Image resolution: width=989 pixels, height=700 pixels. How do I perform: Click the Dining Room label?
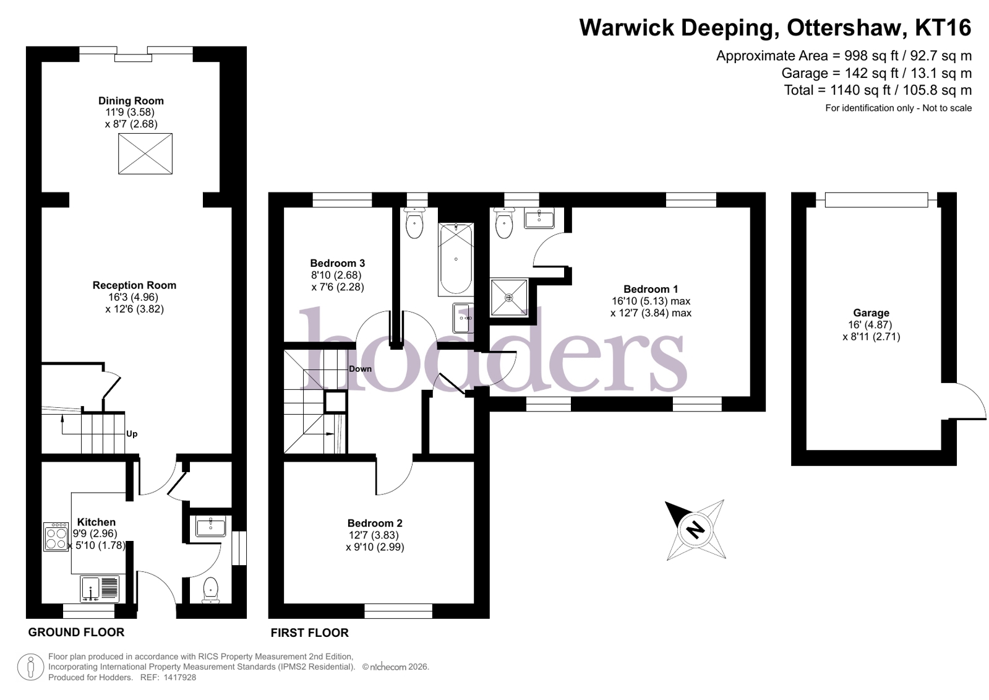[x=131, y=102]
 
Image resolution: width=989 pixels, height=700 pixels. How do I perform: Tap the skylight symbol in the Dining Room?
[x=145, y=153]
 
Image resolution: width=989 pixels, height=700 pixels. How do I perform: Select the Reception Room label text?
[x=134, y=285]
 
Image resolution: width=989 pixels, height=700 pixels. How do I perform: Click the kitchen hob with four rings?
[x=56, y=537]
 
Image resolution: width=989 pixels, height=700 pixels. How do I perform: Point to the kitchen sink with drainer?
[x=100, y=589]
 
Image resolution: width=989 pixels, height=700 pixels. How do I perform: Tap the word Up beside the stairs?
[x=132, y=434]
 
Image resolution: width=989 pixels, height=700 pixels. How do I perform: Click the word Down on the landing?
[x=360, y=369]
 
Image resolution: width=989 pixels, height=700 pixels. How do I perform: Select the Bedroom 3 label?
[x=337, y=264]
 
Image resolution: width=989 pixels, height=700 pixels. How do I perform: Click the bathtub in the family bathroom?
[x=456, y=259]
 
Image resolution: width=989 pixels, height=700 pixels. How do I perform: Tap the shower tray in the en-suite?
[x=509, y=298]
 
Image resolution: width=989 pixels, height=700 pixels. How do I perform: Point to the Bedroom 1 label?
[x=651, y=290]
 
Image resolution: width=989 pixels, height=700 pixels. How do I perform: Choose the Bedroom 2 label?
[x=375, y=523]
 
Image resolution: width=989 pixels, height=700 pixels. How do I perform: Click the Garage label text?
[x=871, y=313]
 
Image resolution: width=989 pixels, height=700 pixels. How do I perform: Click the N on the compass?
[x=696, y=529]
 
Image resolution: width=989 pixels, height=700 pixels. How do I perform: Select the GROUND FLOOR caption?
[x=76, y=633]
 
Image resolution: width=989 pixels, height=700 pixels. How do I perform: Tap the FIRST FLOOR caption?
[x=309, y=633]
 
